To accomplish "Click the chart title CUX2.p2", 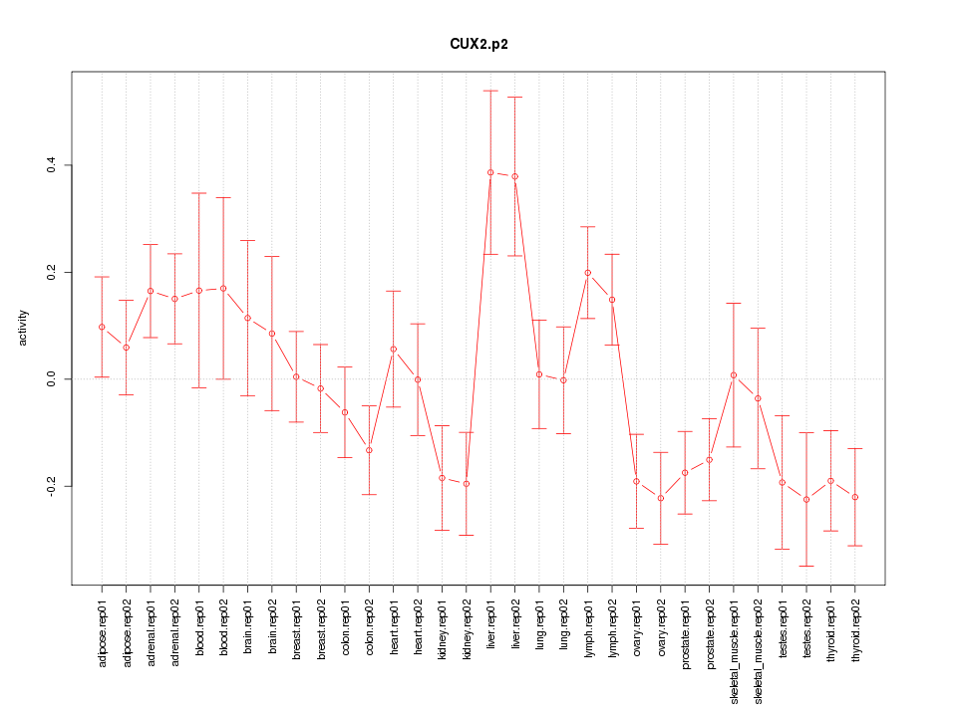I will click(x=478, y=45).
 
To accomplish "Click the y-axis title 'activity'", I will click(x=23, y=328).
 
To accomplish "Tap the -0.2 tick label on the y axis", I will click(x=52, y=486).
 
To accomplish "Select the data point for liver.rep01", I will click(x=490, y=172).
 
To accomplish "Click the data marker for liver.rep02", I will click(x=514, y=176).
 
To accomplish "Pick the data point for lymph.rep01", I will click(x=587, y=273).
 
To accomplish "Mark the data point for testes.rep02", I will click(x=806, y=499).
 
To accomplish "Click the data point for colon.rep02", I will click(x=369, y=450).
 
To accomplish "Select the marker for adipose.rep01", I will click(x=102, y=327).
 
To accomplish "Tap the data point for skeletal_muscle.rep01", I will click(x=734, y=375).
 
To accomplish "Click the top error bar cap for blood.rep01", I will click(x=198, y=193).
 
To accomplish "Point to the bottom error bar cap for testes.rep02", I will click(x=806, y=566).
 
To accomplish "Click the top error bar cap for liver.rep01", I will click(x=490, y=91).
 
